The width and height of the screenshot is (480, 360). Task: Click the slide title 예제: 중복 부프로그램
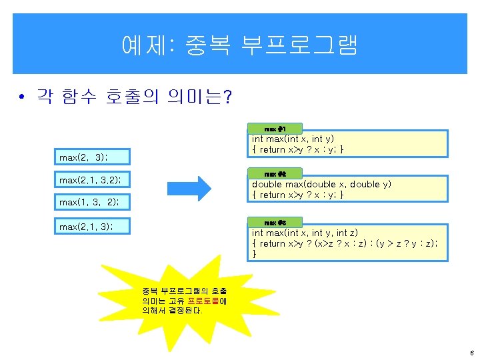240,45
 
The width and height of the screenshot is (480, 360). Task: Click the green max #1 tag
275,128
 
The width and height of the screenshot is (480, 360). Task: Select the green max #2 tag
275,173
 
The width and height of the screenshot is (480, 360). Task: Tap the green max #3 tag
275,222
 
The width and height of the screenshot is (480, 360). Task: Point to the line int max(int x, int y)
293,139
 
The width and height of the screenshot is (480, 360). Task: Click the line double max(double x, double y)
321,185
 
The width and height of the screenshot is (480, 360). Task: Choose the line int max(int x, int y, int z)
305,233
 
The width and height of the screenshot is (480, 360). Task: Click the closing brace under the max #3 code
254,254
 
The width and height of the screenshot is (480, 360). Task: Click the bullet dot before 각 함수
23,98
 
